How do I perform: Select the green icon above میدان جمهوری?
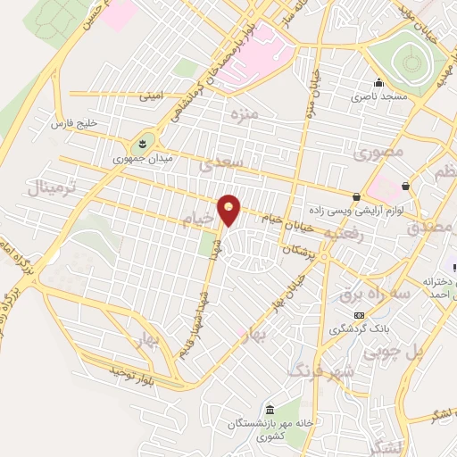(141, 143)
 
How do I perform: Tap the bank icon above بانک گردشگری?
(360, 314)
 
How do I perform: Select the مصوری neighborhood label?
(378, 152)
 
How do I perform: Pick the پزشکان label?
(300, 253)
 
